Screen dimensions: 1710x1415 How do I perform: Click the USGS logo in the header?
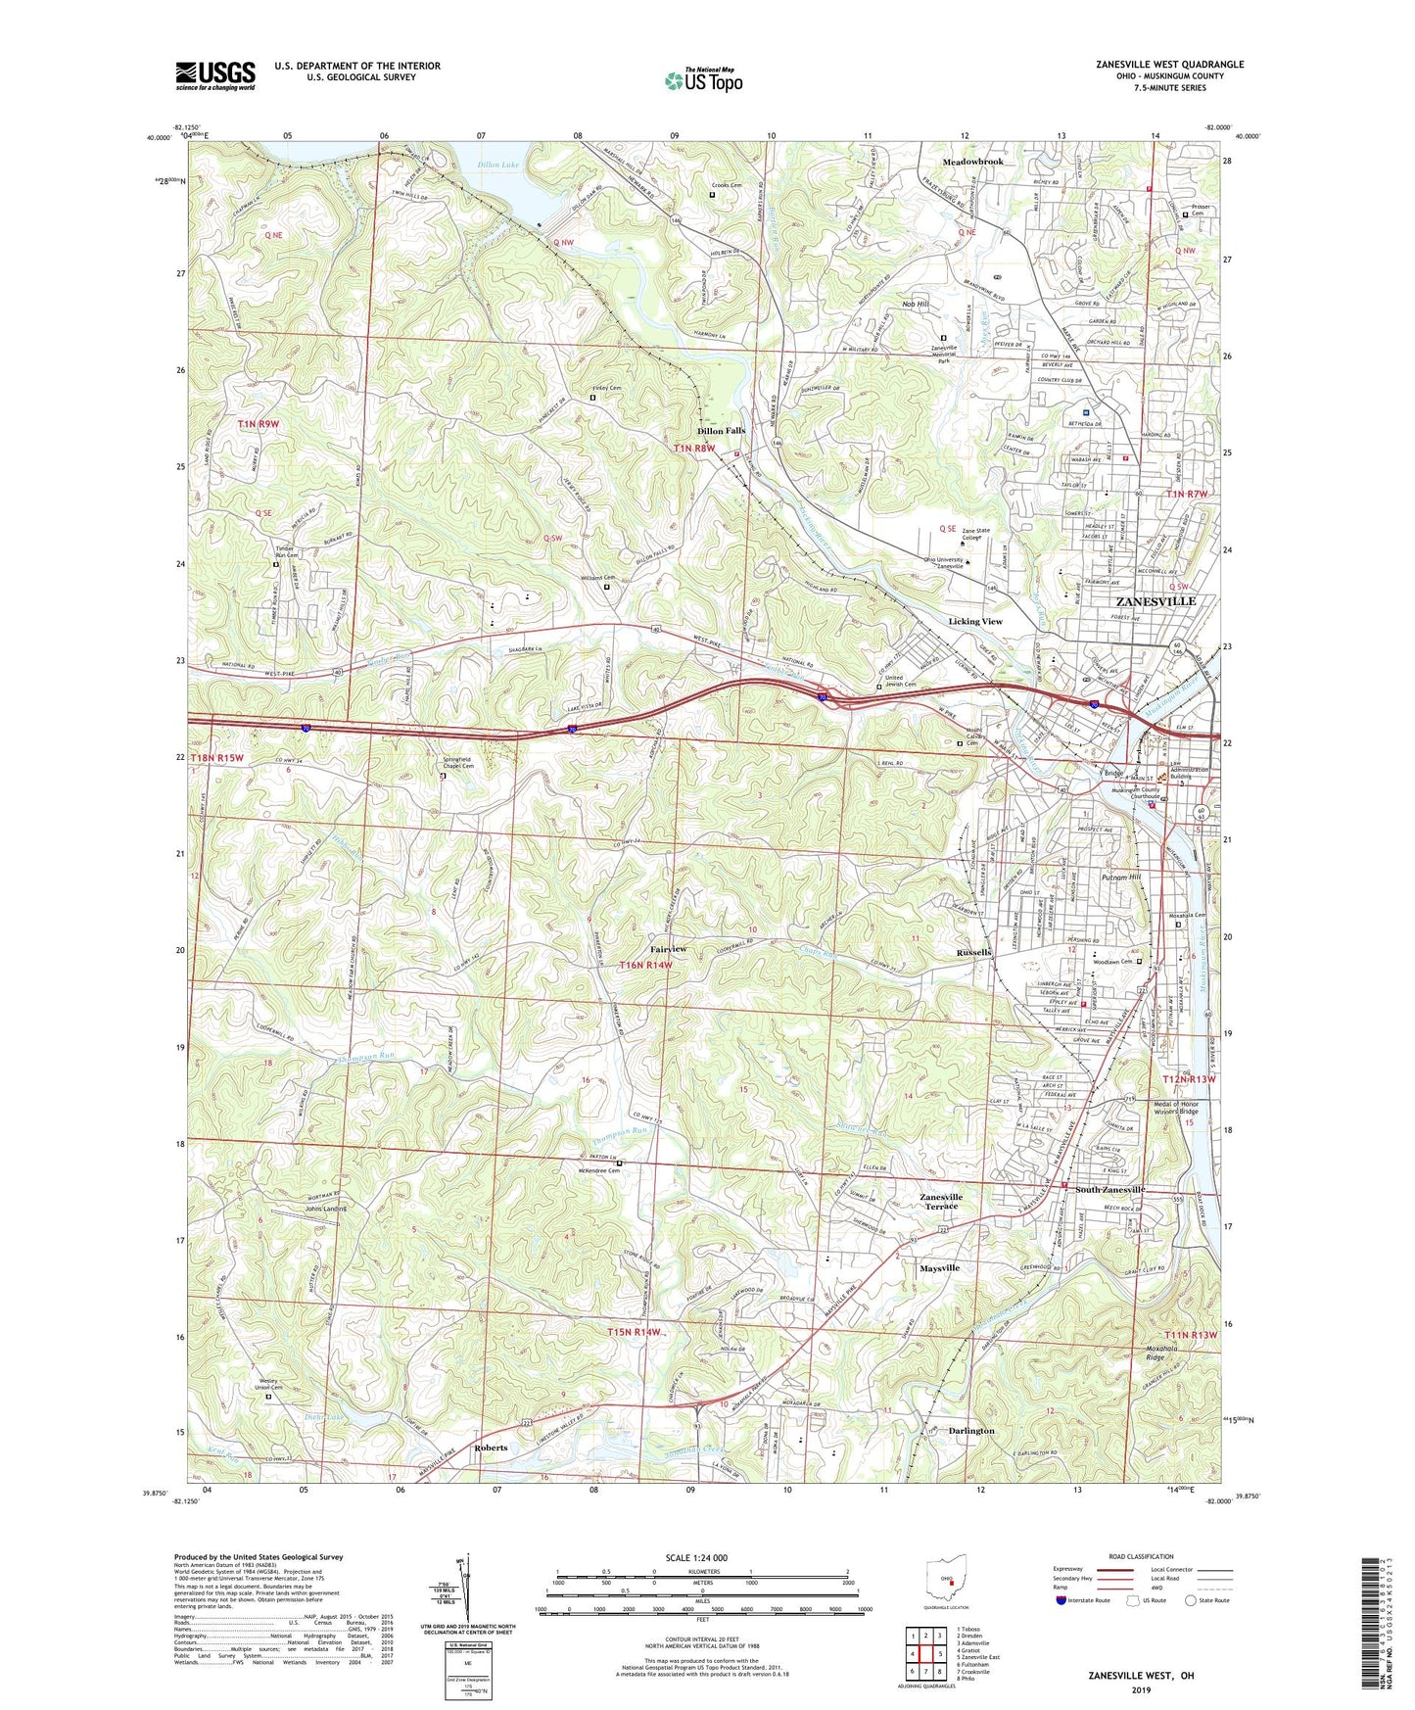[215, 75]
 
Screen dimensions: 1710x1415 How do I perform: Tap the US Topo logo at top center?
[703, 80]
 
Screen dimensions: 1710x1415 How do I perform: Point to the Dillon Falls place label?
[721, 431]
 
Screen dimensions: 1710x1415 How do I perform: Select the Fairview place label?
[668, 949]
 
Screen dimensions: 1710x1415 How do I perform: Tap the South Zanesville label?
[1109, 1190]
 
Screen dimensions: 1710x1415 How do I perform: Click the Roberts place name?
[491, 1448]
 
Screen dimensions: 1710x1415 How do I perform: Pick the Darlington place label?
[971, 1431]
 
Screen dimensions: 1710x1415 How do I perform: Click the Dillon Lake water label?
[497, 166]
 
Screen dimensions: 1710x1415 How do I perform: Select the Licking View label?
[975, 621]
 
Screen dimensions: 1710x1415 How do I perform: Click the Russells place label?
[974, 952]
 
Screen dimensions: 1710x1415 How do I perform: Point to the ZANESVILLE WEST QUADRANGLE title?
[1169, 65]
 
